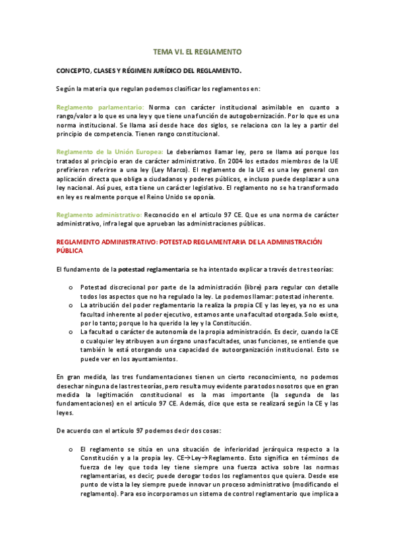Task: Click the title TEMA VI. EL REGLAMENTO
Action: (x=197, y=51)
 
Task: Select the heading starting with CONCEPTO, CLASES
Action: (x=148, y=70)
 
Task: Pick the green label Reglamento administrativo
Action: (x=99, y=214)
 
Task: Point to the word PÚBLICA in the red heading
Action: (x=70, y=251)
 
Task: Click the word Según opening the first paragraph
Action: (x=66, y=88)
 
